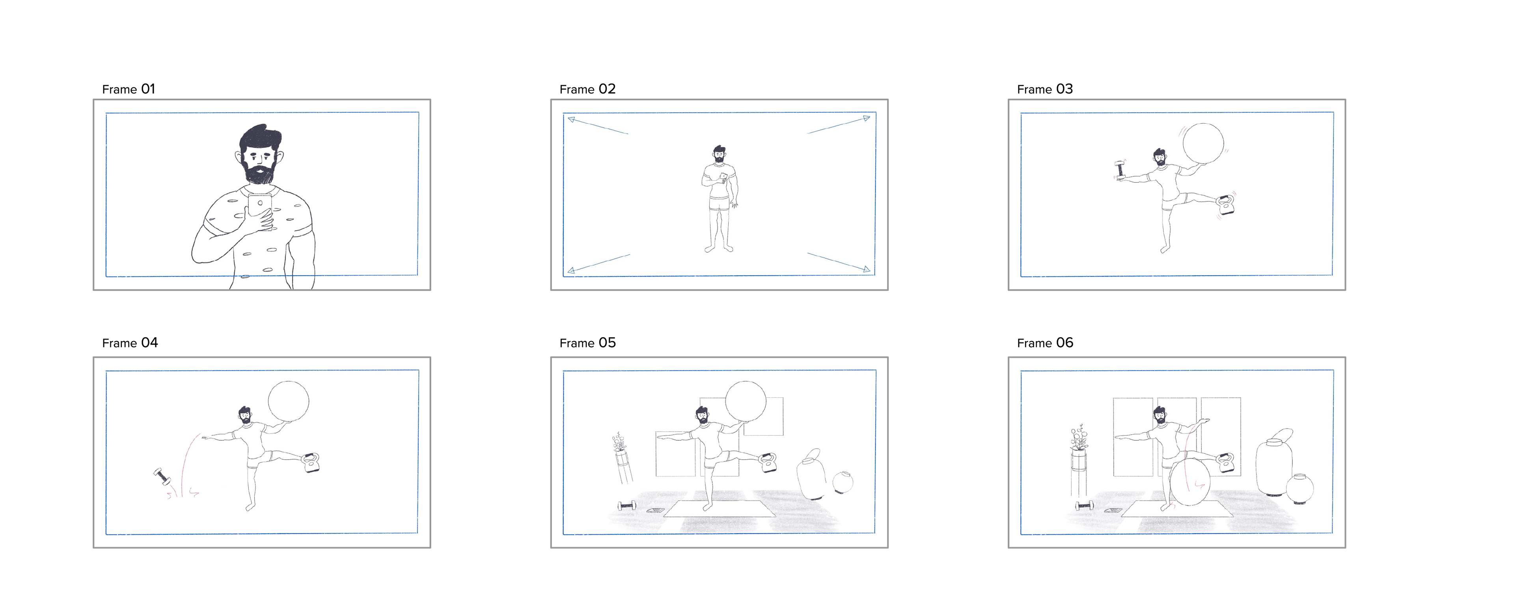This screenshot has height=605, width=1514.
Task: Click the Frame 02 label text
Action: point(587,89)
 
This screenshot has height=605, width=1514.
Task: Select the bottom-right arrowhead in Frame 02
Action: point(866,269)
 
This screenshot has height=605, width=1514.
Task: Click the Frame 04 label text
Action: point(130,343)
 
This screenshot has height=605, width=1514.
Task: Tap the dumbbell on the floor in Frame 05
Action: point(627,505)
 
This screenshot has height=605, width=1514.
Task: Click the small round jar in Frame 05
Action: point(843,482)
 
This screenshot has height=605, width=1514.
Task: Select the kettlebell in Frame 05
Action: point(768,462)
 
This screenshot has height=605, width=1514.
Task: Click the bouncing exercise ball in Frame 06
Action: point(1190,483)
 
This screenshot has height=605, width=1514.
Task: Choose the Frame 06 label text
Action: point(1045,343)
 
